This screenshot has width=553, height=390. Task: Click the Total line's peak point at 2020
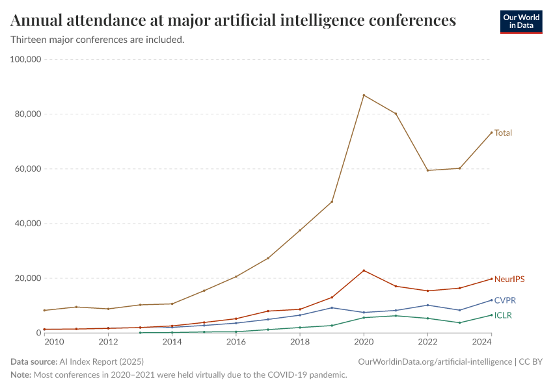pyautogui.click(x=364, y=96)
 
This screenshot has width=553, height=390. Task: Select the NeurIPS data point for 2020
pyautogui.click(x=364, y=270)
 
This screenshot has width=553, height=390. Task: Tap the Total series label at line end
pyautogui.click(x=503, y=133)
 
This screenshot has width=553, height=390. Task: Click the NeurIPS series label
pyautogui.click(x=509, y=279)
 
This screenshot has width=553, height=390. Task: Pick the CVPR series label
pyautogui.click(x=505, y=300)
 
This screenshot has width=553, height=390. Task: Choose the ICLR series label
pyautogui.click(x=504, y=315)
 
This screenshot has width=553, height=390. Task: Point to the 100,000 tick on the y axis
pyautogui.click(x=26, y=59)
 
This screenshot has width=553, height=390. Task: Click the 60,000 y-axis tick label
pyautogui.click(x=28, y=169)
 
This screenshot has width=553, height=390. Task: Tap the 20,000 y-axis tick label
pyautogui.click(x=28, y=278)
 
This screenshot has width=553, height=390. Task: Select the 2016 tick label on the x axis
pyautogui.click(x=236, y=342)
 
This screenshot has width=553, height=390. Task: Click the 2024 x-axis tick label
pyautogui.click(x=481, y=342)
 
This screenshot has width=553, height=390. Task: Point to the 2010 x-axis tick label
pyautogui.click(x=54, y=342)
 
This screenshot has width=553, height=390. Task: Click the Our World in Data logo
pyautogui.click(x=521, y=21)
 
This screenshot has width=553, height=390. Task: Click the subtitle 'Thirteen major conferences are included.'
pyautogui.click(x=98, y=40)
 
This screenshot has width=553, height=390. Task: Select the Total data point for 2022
pyautogui.click(x=427, y=170)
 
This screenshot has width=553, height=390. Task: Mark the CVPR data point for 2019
pyautogui.click(x=332, y=307)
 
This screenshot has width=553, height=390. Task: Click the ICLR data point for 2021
pyautogui.click(x=396, y=316)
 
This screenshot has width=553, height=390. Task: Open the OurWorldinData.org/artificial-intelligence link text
pyautogui.click(x=434, y=361)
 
